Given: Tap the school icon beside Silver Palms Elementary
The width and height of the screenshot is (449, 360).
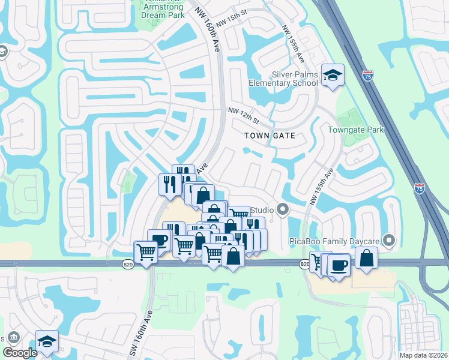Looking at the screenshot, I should click(332, 75).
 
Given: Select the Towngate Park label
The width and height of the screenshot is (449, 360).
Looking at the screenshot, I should click(355, 130).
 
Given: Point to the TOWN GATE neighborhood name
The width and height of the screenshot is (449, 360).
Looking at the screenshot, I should click(270, 136).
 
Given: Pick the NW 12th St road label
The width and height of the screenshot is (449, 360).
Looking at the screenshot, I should click(243, 113).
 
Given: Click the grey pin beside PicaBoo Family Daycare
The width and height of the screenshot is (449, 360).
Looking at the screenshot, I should click(389, 241).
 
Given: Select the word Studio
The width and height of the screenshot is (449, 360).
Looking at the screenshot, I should click(262, 210).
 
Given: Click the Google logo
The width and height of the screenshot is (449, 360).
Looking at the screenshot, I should click(20, 352).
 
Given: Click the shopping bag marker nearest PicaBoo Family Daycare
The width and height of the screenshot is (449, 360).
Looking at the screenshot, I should click(366, 258).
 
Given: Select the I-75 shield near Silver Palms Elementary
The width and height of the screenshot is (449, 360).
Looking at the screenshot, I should click(368, 76).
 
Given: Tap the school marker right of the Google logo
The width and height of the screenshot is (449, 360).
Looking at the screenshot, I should click(47, 341).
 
